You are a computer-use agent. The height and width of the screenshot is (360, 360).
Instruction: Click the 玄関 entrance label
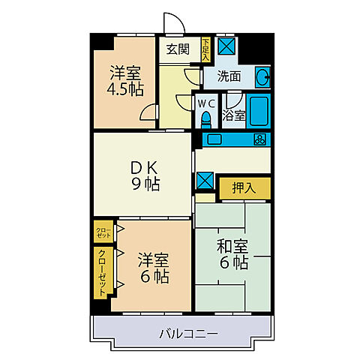tap(177, 50)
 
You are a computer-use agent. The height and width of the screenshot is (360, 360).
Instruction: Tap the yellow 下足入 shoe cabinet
tap(206, 49)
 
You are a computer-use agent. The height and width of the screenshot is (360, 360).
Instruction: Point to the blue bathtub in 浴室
tap(258, 111)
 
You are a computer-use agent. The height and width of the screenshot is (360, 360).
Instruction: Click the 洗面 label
tap(229, 76)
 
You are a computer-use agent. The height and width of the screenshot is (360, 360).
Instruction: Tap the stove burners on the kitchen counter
tap(259, 139)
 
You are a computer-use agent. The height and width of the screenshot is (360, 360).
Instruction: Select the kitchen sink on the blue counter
tap(212, 139)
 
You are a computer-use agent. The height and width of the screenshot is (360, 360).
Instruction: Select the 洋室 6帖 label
tap(153, 268)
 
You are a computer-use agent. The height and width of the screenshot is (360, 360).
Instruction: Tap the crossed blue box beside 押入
tap(204, 180)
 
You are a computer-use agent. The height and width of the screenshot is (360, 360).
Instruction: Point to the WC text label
tap(205, 103)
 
